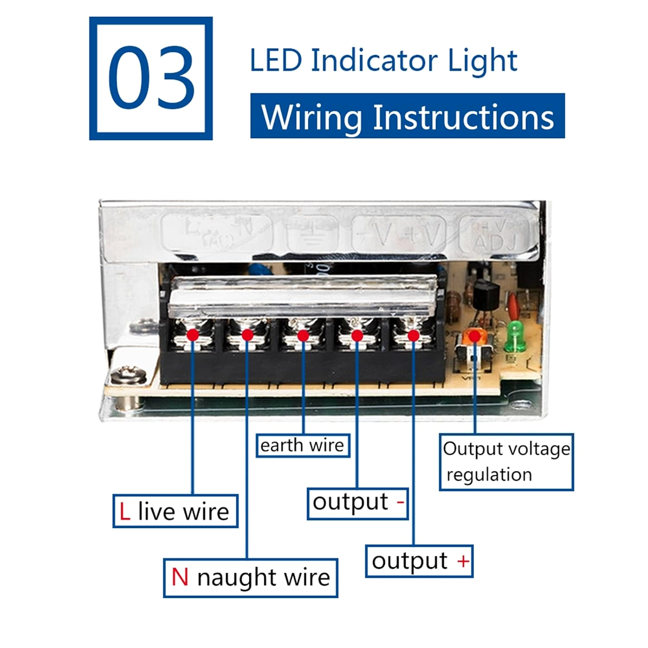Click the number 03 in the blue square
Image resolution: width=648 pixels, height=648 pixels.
pyautogui.click(x=151, y=78)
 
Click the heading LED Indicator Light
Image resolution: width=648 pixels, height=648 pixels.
pyautogui.click(x=383, y=60)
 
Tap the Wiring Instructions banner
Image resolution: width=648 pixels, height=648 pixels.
pyautogui.click(x=407, y=116)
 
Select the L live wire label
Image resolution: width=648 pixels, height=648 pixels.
pyautogui.click(x=175, y=511)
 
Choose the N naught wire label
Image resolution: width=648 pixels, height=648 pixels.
pyautogui.click(x=251, y=578)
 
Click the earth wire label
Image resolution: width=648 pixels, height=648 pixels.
pyautogui.click(x=302, y=445)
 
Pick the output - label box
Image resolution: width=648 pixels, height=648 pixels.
pyautogui.click(x=358, y=503)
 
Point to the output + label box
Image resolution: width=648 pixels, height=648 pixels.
pyautogui.click(x=419, y=561)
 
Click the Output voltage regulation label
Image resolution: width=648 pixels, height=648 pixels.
pyautogui.click(x=506, y=462)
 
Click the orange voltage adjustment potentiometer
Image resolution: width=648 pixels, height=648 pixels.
pyautogui.click(x=474, y=337)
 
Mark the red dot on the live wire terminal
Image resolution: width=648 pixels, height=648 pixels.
pyautogui.click(x=193, y=335)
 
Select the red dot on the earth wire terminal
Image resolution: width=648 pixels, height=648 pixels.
pyautogui.click(x=303, y=335)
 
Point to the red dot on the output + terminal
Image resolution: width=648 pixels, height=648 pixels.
pyautogui.click(x=413, y=335)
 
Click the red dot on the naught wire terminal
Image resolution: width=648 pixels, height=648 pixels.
pyautogui.click(x=247, y=335)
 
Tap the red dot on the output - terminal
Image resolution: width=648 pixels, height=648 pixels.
pyautogui.click(x=357, y=335)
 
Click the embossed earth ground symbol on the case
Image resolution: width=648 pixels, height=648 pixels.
pyautogui.click(x=311, y=235)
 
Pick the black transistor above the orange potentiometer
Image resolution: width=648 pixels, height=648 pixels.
pyautogui.click(x=486, y=294)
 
